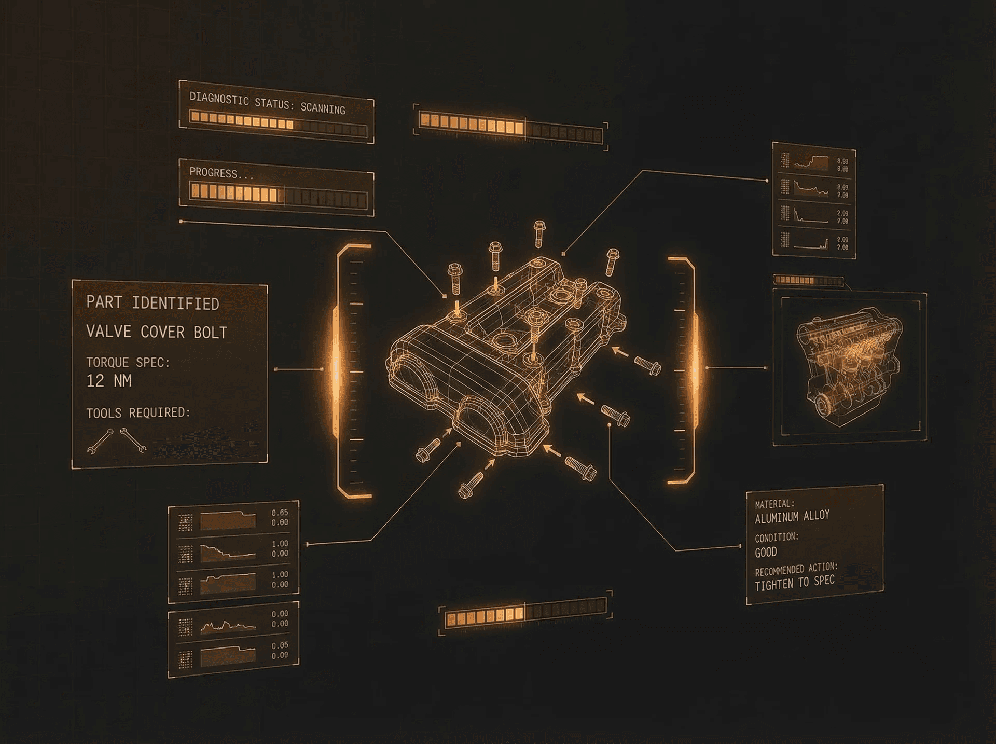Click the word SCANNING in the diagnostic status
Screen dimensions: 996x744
coord(323,108)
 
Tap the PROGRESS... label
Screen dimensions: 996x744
coord(221,173)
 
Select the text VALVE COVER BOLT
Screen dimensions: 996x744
coord(157,332)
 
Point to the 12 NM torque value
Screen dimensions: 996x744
coord(109,381)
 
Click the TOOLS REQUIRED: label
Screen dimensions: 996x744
coord(138,412)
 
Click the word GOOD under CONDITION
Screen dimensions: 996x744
coord(766,552)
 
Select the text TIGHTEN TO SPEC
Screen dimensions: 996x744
coord(795,583)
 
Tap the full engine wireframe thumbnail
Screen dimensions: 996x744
coord(849,366)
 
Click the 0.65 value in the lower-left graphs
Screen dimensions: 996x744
coord(280,513)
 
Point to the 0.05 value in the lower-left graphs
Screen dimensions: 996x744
coord(280,645)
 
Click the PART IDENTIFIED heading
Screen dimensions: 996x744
coord(153,302)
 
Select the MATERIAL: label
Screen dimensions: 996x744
coord(774,504)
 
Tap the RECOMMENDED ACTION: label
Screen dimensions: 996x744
coord(796,569)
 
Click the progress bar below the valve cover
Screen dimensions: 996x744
coord(525,613)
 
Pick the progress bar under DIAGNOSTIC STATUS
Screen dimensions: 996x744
coord(278,123)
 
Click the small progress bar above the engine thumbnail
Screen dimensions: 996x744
coord(808,281)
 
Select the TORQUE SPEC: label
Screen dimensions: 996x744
coord(128,362)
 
